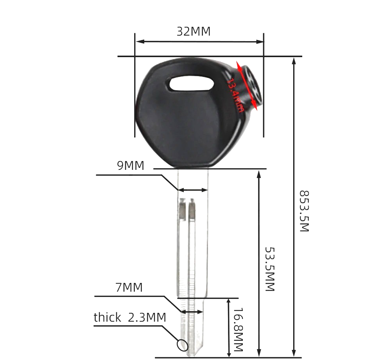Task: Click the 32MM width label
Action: (193, 31)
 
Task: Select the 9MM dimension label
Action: (131, 166)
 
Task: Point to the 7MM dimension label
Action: (129, 288)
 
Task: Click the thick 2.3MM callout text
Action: (130, 317)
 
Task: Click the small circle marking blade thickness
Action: (183, 345)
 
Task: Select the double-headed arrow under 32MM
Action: (199, 41)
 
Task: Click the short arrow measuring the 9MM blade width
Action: (192, 190)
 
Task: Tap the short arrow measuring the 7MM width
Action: (192, 312)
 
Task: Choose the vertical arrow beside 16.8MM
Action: (228, 328)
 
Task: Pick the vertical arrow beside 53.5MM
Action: (258, 262)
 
